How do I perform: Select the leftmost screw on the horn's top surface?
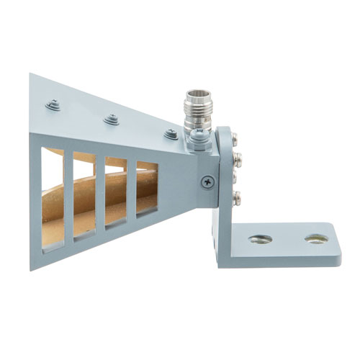tap(54, 105)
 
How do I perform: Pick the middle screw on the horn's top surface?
tap(111, 120)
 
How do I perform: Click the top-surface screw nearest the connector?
tap(171, 134)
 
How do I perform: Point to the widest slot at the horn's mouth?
tap(53, 198)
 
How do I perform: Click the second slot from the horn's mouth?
tap(84, 194)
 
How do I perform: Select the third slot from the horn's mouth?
tap(116, 190)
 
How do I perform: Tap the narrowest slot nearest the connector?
tap(147, 187)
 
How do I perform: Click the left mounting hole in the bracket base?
tap(260, 239)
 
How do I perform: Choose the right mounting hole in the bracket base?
tap(316, 238)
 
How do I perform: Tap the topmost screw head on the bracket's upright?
tap(238, 138)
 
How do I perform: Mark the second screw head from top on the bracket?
tap(238, 156)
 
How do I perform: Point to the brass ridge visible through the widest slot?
tap(53, 216)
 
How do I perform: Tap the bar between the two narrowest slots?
tap(132, 189)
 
